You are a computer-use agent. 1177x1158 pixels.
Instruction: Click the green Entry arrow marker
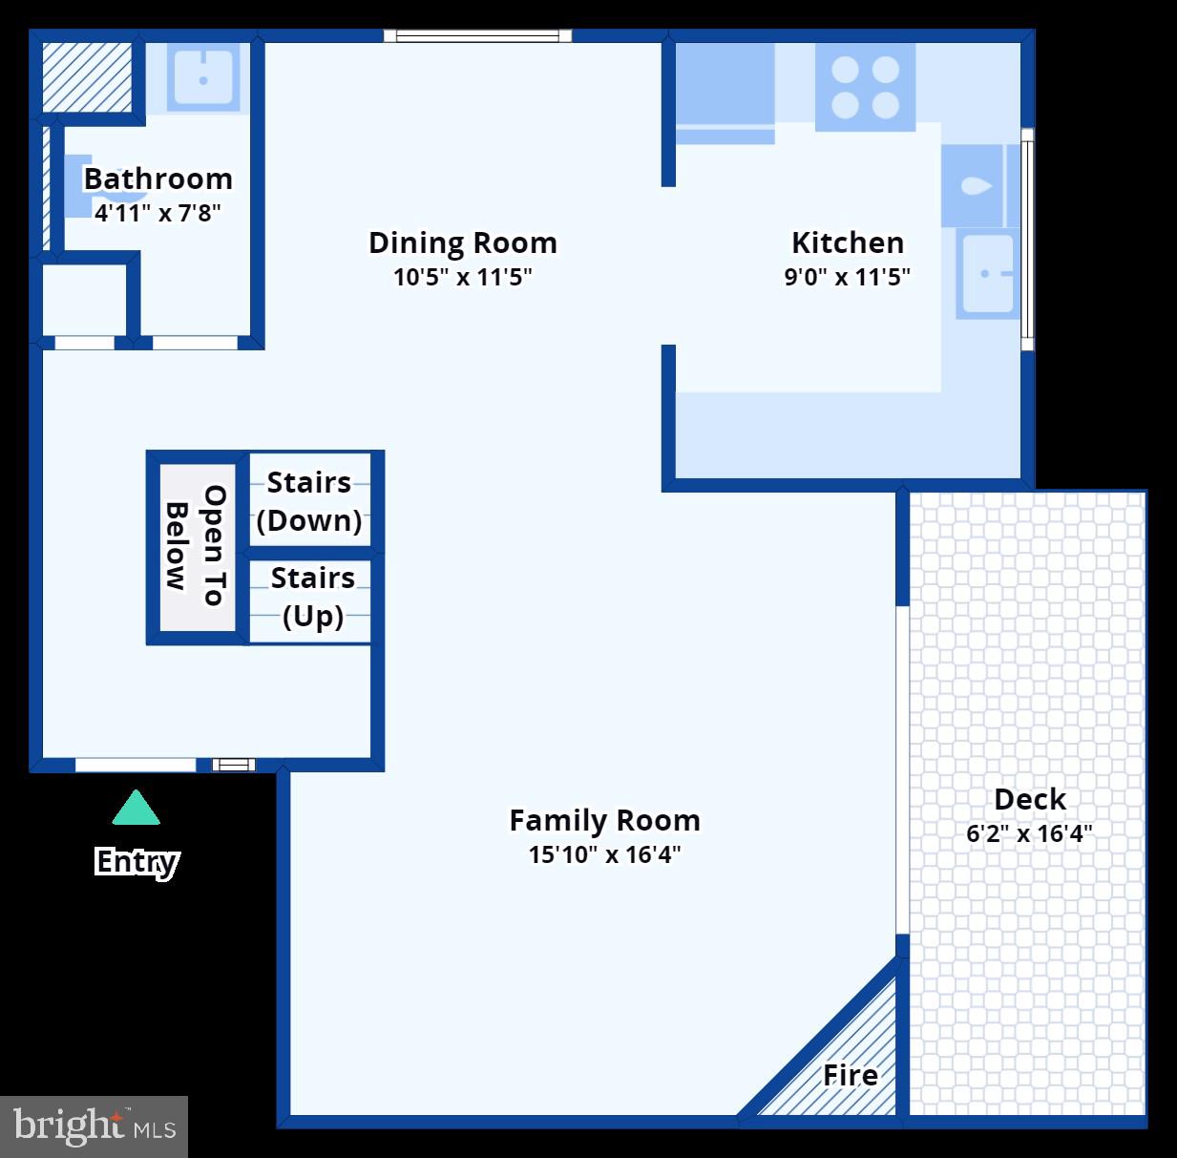pos(136,809)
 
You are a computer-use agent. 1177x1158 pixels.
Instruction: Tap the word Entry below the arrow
pos(137,861)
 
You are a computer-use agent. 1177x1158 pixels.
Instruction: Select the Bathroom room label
pos(158,179)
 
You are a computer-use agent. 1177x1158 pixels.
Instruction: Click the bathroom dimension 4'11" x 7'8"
pos(158,212)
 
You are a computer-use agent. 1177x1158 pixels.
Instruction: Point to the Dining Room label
pos(463,242)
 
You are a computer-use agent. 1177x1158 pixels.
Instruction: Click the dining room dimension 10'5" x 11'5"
pos(463,277)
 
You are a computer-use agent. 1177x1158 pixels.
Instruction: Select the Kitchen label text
pos(848,242)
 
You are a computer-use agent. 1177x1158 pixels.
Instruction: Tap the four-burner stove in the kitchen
pos(865,87)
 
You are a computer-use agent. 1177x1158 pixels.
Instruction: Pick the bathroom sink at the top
pos(202,77)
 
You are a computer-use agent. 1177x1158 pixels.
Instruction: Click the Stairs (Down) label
pos(309,501)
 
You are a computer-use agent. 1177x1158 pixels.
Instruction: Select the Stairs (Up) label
pos(312,597)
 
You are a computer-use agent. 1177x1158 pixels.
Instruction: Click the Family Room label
pos(604,820)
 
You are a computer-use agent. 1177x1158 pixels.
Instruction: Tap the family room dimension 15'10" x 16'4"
pos(604,854)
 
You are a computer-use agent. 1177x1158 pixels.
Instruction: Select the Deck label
pos(1030,799)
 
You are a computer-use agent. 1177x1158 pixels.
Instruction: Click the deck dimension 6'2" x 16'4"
pos(1029,833)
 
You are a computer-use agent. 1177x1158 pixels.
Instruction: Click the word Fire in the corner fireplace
pos(851,1075)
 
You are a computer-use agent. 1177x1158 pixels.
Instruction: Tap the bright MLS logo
pos(94,1126)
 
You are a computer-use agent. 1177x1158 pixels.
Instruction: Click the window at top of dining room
pos(477,36)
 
